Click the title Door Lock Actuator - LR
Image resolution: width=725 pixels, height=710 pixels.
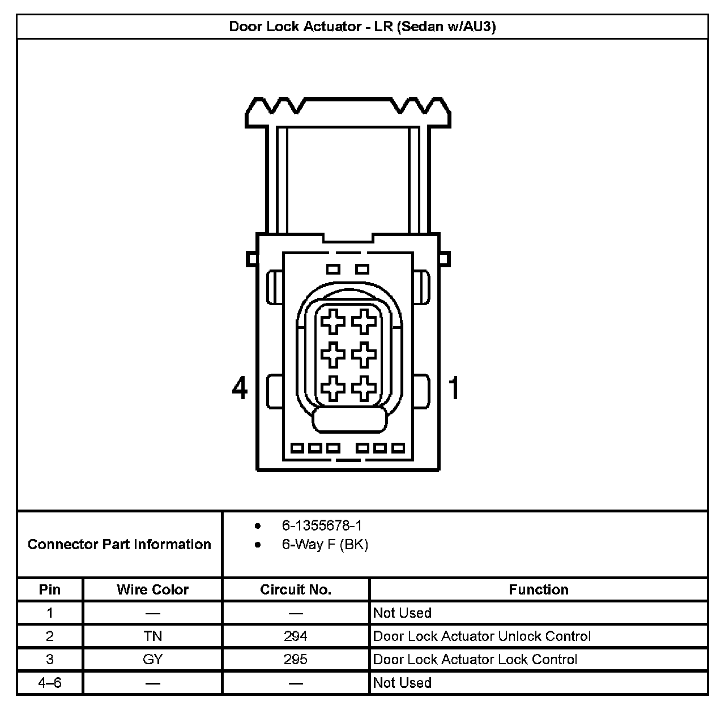[362, 27]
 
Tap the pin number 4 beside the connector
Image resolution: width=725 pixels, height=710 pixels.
[240, 388]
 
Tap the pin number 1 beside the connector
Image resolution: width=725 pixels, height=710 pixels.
[454, 388]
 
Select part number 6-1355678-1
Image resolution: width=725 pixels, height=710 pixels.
[322, 526]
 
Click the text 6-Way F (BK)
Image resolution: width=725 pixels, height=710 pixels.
[325, 545]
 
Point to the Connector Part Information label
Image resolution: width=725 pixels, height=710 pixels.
[120, 545]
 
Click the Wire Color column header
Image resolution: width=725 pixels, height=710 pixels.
[152, 589]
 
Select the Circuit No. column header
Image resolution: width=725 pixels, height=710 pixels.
[296, 589]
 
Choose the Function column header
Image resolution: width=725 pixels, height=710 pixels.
[538, 589]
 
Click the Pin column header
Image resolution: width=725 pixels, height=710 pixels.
[50, 589]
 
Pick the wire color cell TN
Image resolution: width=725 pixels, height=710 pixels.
[153, 636]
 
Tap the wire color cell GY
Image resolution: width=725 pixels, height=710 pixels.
[153, 660]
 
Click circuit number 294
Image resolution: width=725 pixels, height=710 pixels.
[296, 636]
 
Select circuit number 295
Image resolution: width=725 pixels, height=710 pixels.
[296, 660]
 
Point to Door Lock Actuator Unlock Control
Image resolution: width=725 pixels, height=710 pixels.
[481, 636]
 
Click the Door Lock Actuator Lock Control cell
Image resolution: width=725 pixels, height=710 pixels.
[475, 660]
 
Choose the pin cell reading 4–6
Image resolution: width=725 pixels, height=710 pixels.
[50, 683]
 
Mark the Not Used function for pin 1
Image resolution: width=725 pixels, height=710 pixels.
[402, 613]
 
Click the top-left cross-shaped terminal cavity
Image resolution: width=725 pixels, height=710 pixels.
[333, 323]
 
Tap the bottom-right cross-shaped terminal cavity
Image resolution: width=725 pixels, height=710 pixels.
[364, 388]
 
